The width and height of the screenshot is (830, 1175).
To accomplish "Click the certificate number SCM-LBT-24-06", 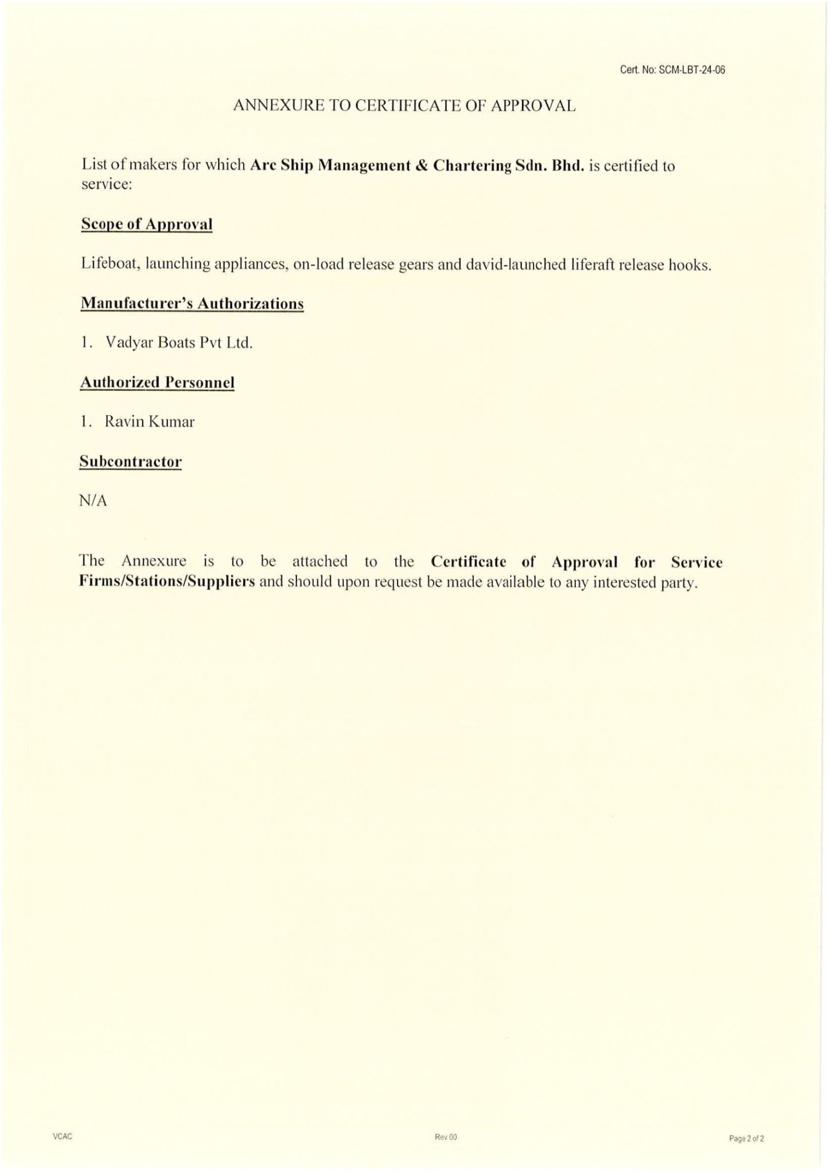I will click(692, 71).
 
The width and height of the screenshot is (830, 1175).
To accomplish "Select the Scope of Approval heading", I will click(147, 224).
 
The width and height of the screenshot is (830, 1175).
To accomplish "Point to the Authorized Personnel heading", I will click(157, 382).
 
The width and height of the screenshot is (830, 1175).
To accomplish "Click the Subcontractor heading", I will click(131, 461).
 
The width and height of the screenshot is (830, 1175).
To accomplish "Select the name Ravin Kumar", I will click(149, 422).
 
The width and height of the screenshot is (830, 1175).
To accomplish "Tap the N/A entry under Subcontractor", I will click(93, 501).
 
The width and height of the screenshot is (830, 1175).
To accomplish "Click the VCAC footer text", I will click(63, 1137).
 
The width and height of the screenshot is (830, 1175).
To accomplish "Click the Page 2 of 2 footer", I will click(746, 1138).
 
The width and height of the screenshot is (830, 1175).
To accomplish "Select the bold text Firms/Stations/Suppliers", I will click(167, 581).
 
